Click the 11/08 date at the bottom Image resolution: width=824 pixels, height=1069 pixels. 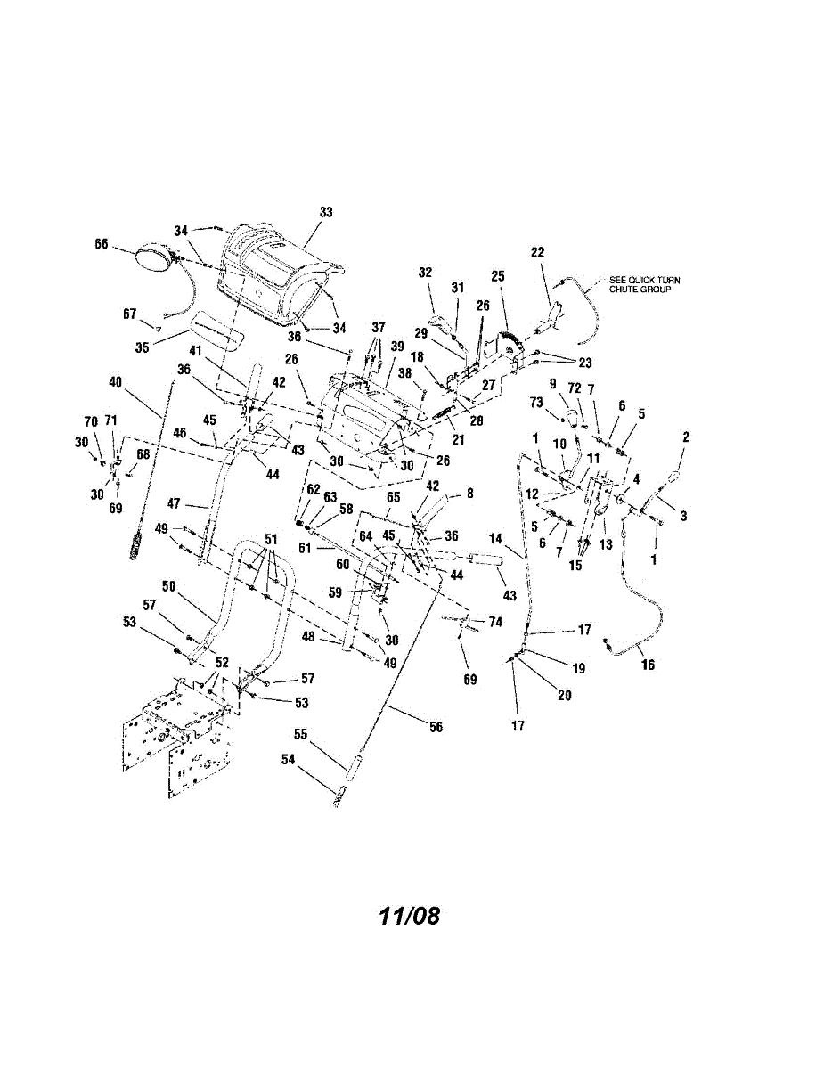click(409, 916)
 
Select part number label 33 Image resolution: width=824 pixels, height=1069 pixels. click(325, 212)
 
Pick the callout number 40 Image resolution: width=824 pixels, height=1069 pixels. click(115, 382)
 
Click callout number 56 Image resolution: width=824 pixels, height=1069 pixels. click(436, 727)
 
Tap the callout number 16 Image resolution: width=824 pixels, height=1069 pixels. click(648, 665)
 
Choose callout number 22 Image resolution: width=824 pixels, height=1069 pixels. click(537, 252)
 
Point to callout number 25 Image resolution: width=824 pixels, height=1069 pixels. click(497, 277)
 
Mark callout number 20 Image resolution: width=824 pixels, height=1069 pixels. click(565, 696)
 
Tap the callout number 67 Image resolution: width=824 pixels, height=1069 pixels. click(131, 313)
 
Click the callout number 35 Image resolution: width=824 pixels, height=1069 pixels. click(143, 347)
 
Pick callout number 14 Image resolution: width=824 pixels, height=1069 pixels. click(495, 540)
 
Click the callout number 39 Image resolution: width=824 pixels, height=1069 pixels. click(396, 346)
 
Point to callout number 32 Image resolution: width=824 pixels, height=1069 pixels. click(425, 273)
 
